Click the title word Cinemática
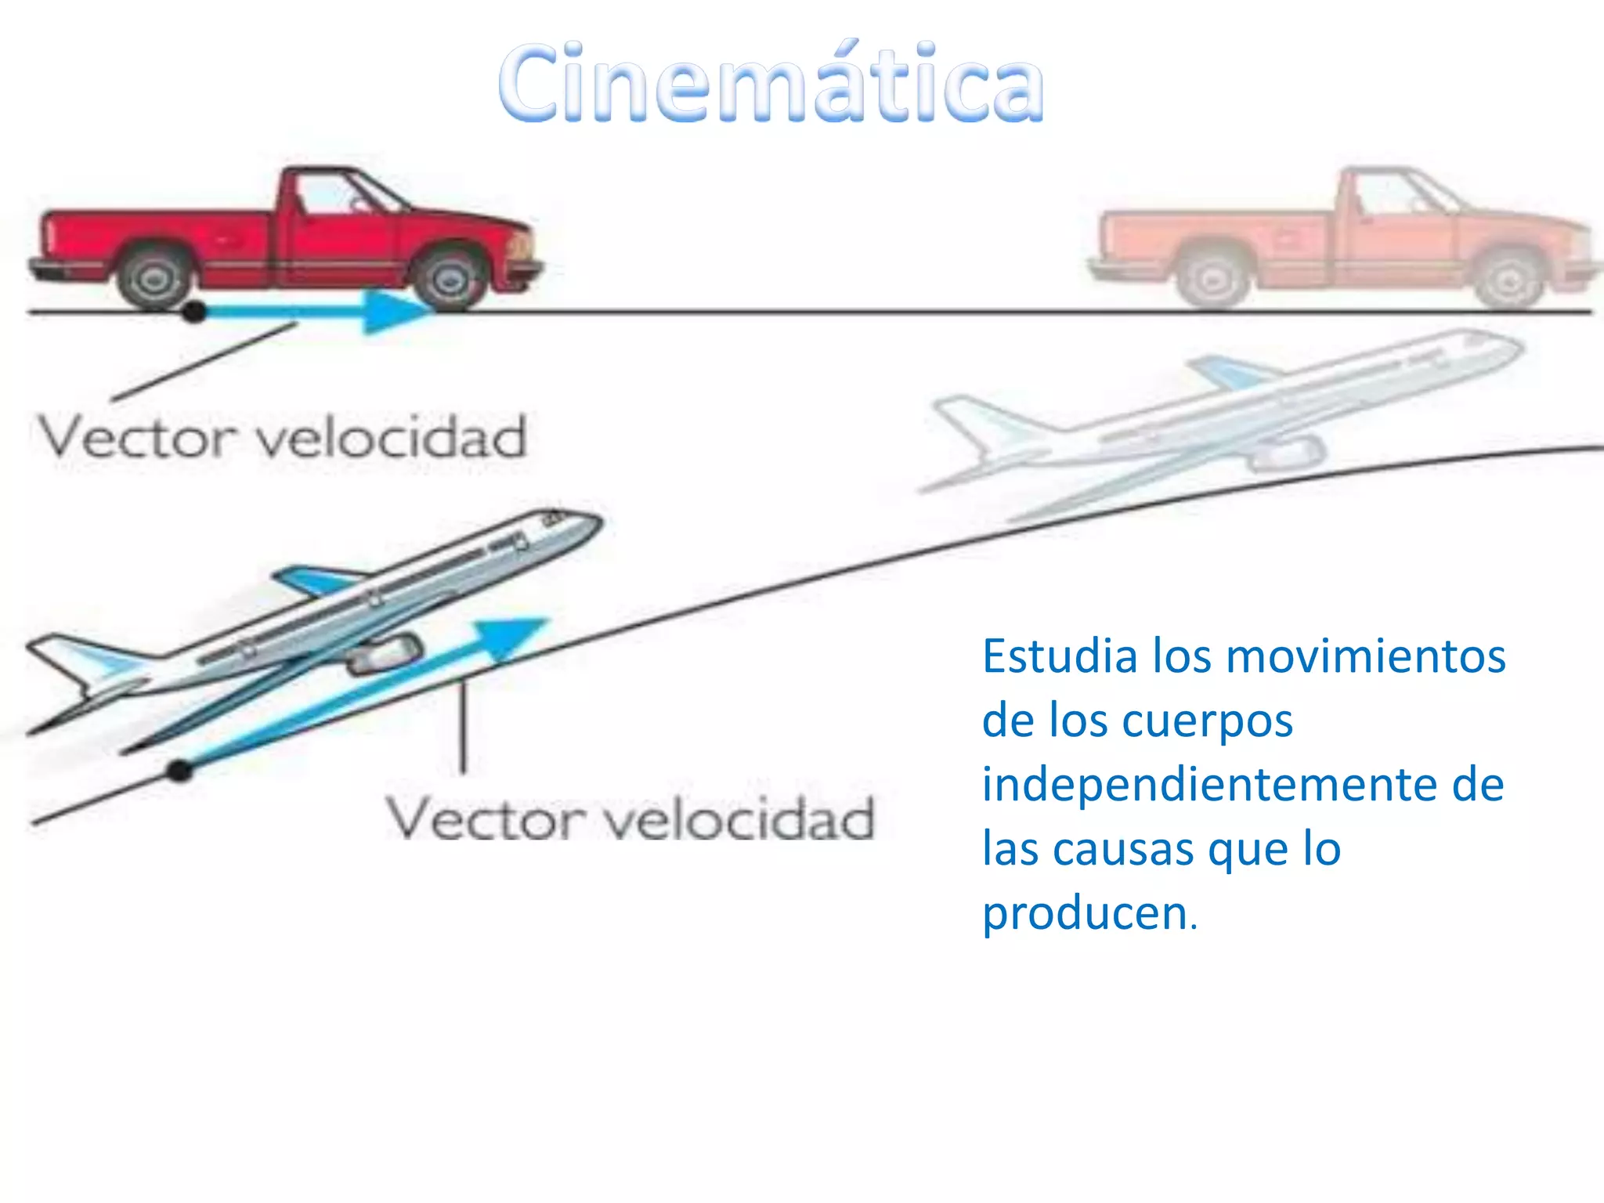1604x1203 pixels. pos(771,85)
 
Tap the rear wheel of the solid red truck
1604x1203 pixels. pos(154,278)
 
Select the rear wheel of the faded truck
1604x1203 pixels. pos(1214,279)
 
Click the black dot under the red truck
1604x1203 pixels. pos(193,312)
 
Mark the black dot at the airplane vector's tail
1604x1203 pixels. pos(180,771)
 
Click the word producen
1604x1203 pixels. pos(1086,913)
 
